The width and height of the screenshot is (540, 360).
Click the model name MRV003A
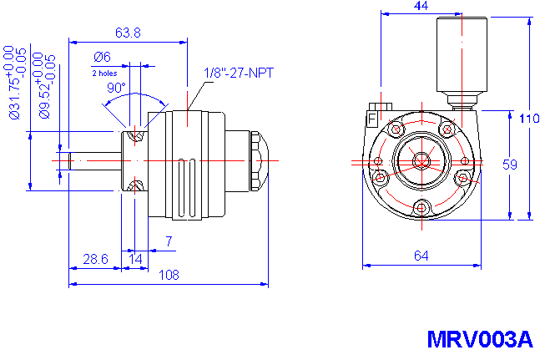[478, 340]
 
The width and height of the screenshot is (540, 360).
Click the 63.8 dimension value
[128, 33]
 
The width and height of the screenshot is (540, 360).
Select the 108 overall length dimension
[169, 275]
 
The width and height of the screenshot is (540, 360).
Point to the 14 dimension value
[134, 260]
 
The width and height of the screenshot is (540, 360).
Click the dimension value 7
[169, 242]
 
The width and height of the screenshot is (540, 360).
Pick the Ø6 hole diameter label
[103, 57]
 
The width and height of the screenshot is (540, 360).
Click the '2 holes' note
[105, 73]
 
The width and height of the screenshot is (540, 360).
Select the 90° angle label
[115, 88]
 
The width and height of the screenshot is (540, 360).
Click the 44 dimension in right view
[421, 7]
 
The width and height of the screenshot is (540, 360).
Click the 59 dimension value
[510, 165]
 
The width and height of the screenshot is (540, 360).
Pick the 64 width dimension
[421, 256]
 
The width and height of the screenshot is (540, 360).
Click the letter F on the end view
[371, 119]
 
